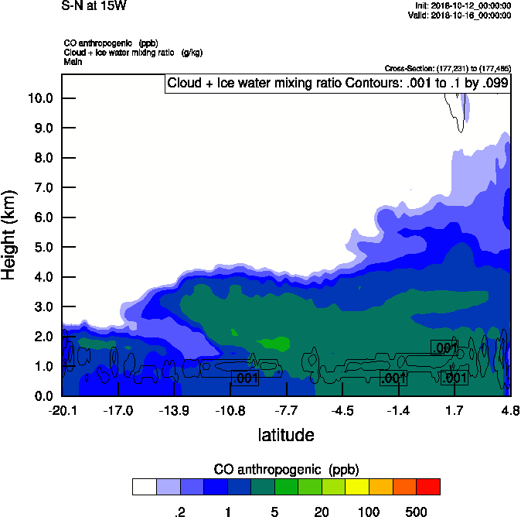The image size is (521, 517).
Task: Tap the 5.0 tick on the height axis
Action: (x=43, y=248)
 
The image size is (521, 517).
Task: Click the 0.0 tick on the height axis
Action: (x=43, y=396)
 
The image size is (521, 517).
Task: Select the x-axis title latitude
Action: (x=286, y=435)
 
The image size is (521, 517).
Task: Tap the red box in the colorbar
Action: (x=427, y=487)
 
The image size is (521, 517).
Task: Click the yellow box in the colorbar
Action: (x=356, y=487)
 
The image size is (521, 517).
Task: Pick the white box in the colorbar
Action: (x=144, y=487)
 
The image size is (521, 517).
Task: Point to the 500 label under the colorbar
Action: (x=416, y=512)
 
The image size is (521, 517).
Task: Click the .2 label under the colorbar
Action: (x=179, y=512)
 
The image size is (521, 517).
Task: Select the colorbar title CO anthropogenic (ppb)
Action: (x=286, y=470)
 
